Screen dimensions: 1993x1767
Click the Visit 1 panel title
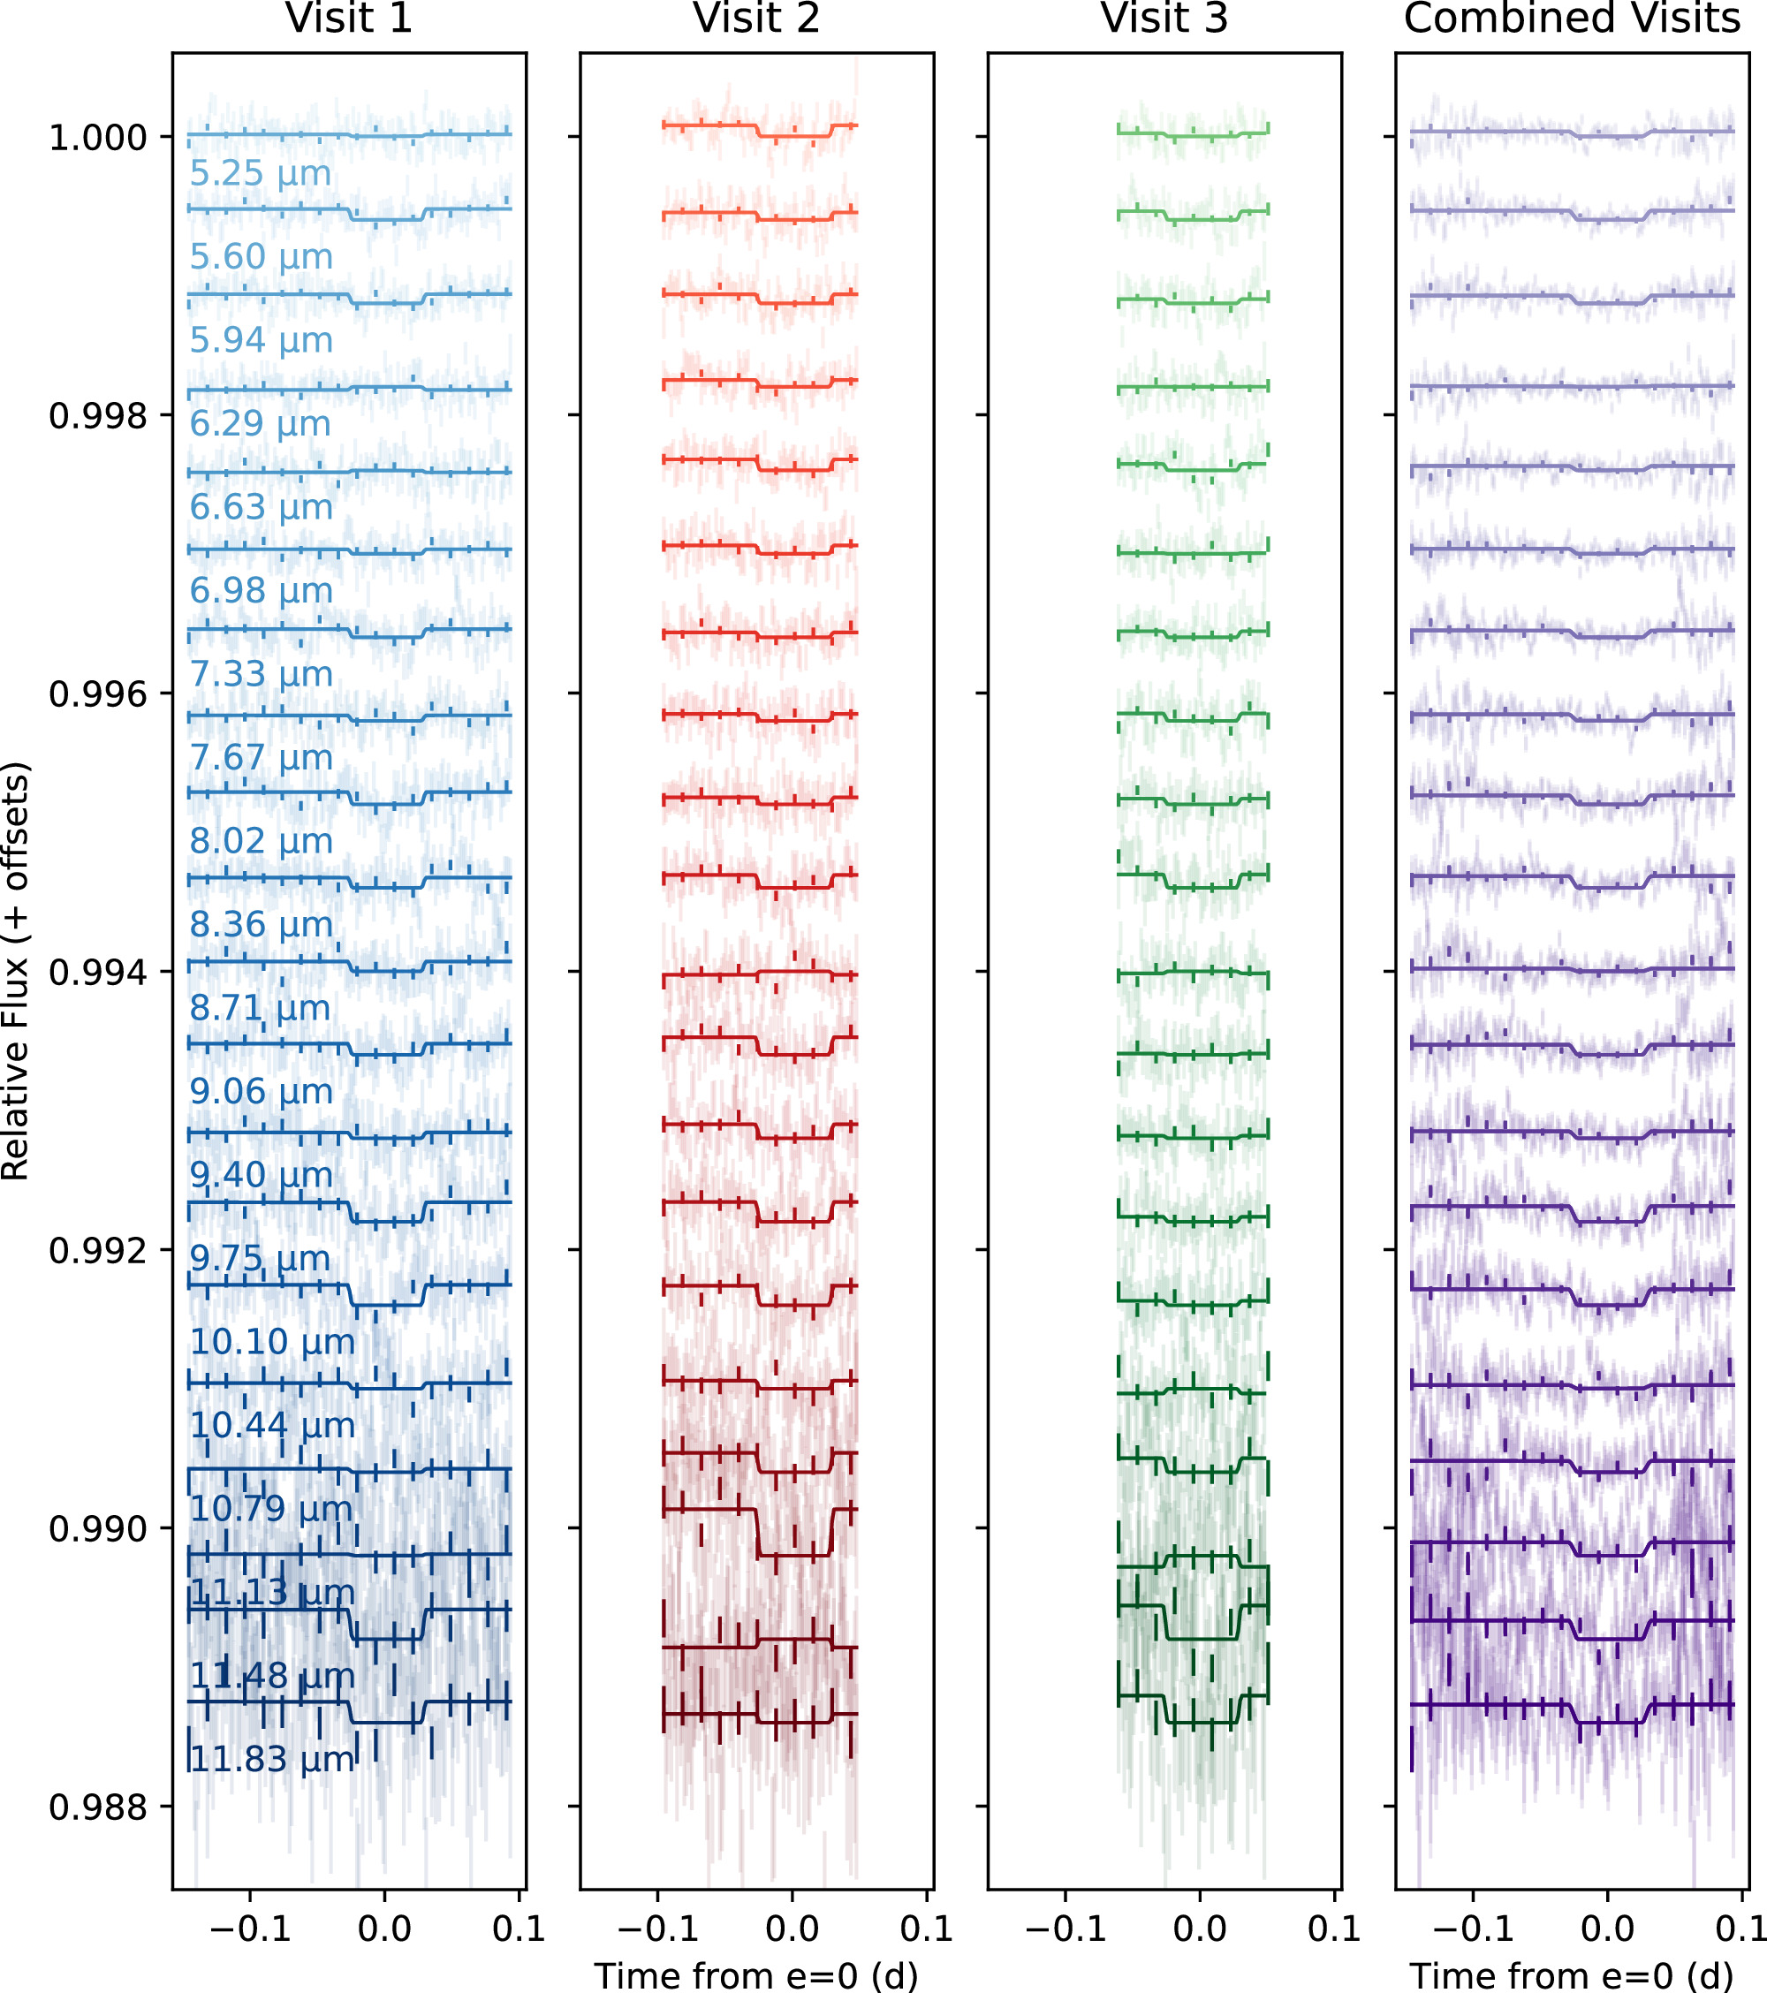click(x=349, y=19)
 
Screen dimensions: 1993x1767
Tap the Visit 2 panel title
click(x=757, y=19)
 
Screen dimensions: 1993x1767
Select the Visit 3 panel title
click(x=1164, y=19)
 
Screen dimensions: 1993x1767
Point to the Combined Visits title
click(x=1572, y=19)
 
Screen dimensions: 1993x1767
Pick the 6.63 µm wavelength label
click(x=262, y=507)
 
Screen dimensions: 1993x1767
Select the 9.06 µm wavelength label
click(x=262, y=1091)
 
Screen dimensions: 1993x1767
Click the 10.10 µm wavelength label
click(x=272, y=1342)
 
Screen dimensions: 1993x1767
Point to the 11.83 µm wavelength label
click(x=272, y=1759)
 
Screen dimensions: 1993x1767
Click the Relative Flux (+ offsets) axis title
click(x=17, y=971)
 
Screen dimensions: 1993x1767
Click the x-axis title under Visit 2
click(x=757, y=1975)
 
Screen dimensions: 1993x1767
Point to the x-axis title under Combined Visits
click(x=1572, y=1975)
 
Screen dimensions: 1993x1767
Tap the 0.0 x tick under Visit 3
click(x=1200, y=1929)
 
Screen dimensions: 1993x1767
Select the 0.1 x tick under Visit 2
click(x=927, y=1929)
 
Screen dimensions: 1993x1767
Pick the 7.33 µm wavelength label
click(x=262, y=674)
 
